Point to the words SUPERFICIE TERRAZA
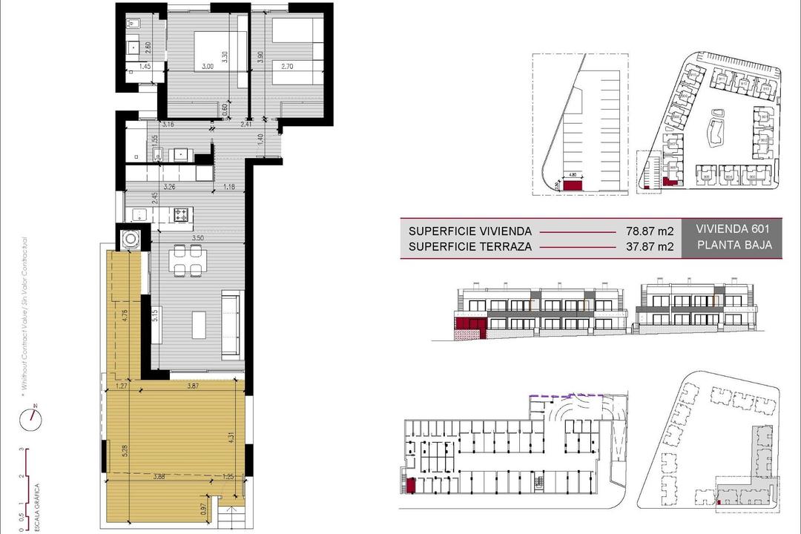tap(469, 247)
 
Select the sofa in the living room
tap(231, 318)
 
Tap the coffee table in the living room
tap(200, 324)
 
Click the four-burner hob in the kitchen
tap(182, 215)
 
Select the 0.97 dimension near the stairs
tap(203, 510)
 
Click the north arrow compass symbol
tap(32, 418)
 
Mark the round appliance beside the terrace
tap(131, 239)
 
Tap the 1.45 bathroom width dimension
tap(145, 67)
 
